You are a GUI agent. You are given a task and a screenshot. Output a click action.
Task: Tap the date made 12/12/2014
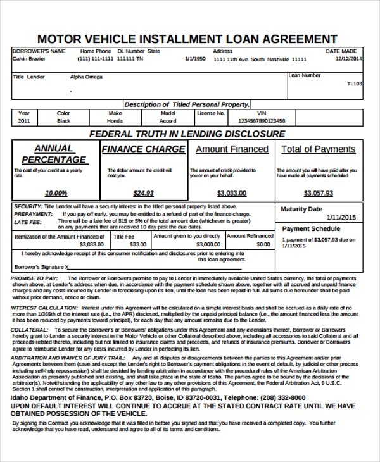coord(349,59)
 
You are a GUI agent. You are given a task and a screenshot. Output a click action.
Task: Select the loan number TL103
coord(355,83)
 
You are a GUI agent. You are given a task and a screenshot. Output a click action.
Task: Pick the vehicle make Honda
coord(115,120)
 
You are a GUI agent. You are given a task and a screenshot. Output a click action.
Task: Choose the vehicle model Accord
coord(168,120)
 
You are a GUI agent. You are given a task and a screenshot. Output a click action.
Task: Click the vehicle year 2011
coord(24,120)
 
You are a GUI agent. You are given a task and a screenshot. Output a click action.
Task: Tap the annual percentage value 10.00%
coord(56,193)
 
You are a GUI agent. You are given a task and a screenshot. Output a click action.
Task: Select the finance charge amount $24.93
coord(144,193)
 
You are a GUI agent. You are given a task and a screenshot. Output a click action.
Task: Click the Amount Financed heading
coord(232,149)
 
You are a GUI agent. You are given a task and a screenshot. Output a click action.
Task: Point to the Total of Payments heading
coord(318,149)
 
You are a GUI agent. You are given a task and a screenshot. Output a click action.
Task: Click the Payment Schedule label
coord(311,229)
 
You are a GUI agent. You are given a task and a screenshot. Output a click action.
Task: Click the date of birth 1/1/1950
coord(195,59)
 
